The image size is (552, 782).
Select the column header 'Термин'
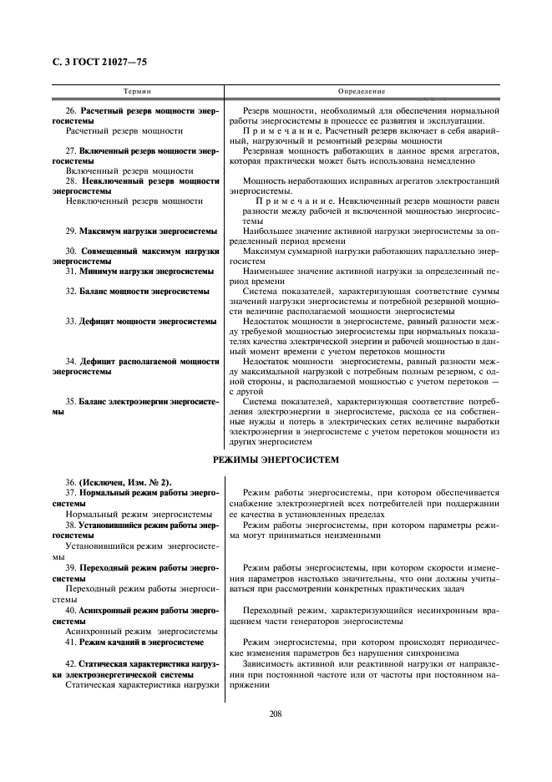(137, 90)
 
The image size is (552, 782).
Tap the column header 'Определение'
(362, 90)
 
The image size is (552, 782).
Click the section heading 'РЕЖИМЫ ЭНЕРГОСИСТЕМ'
(276, 460)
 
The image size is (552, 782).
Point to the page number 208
(276, 713)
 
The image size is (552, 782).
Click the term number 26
(70, 111)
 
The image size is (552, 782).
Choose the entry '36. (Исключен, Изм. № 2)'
(111, 482)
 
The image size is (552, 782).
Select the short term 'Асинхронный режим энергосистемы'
(134, 632)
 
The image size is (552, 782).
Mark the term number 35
(70, 401)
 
